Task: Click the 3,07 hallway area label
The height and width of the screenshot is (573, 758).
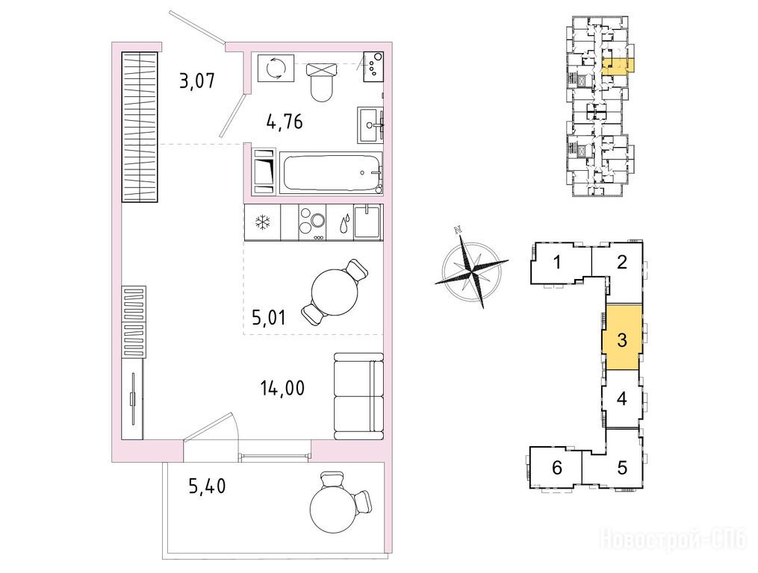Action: (196, 80)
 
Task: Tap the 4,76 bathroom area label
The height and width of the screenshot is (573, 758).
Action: (285, 122)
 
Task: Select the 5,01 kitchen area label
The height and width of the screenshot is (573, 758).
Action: (270, 317)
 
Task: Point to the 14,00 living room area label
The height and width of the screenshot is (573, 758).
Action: (283, 388)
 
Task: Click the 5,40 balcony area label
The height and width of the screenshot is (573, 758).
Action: (208, 486)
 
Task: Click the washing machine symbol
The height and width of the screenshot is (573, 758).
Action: (276, 69)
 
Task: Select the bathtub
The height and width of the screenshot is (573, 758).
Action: (331, 172)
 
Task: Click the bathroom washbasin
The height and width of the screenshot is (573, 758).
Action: (370, 125)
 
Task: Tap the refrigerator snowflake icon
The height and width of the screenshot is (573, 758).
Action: (262, 223)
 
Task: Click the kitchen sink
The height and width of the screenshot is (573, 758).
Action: (368, 222)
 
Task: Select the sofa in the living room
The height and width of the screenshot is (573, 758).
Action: (358, 396)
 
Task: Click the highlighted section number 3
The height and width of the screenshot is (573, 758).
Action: (622, 339)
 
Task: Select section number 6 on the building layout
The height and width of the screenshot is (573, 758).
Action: (557, 467)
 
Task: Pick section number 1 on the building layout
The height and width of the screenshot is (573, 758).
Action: (557, 263)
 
